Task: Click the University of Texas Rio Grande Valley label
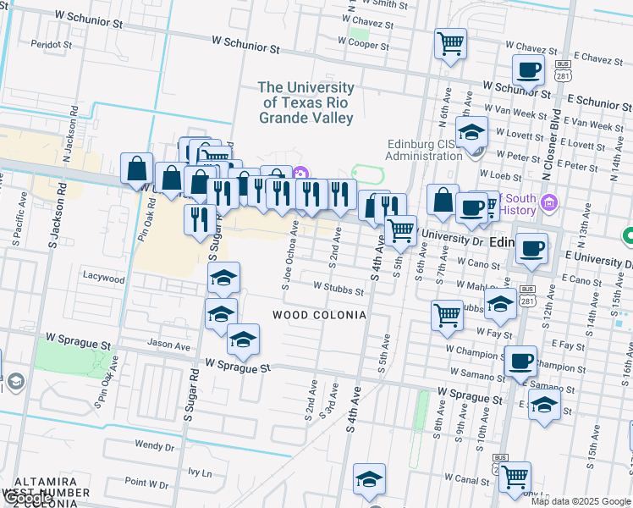pyautogui.click(x=306, y=102)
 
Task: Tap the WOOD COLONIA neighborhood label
pyautogui.click(x=319, y=315)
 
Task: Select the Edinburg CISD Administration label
pyautogui.click(x=421, y=150)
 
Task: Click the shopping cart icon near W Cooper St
pyautogui.click(x=450, y=42)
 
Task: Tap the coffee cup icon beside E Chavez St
pyautogui.click(x=528, y=70)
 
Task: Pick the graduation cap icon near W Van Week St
pyautogui.click(x=471, y=132)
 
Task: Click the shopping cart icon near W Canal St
pyautogui.click(x=514, y=478)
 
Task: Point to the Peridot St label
pyautogui.click(x=51, y=43)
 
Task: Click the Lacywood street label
pyautogui.click(x=103, y=276)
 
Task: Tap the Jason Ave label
pyautogui.click(x=169, y=345)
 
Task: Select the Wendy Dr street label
pyautogui.click(x=154, y=444)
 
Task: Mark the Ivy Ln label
pyautogui.click(x=200, y=472)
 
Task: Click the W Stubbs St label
pyautogui.click(x=338, y=290)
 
